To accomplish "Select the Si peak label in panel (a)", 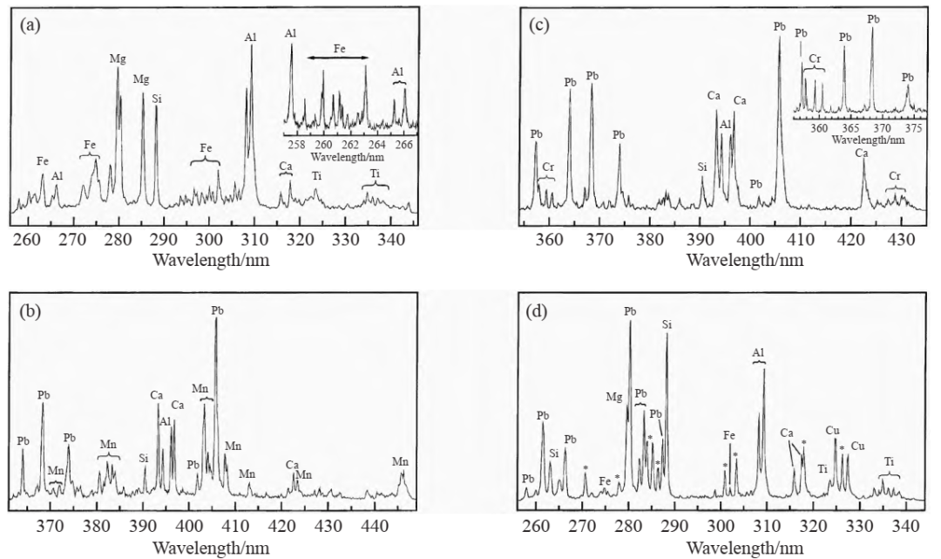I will (x=157, y=99).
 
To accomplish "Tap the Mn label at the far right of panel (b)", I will (x=400, y=460).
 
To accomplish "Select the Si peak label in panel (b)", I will (x=144, y=457).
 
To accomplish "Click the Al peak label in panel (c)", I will (x=725, y=125).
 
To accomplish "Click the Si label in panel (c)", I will (x=702, y=167).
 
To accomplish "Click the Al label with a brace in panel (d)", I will (x=758, y=352).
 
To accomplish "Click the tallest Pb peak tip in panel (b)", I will (x=216, y=319).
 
